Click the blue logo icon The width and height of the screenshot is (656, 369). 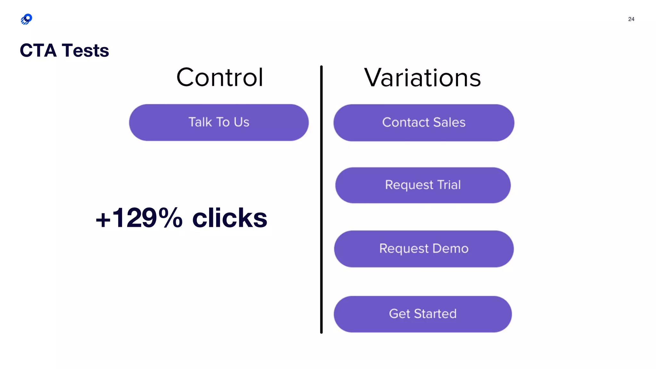[27, 19]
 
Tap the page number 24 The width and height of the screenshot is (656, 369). [631, 19]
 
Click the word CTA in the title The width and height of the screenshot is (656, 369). [38, 51]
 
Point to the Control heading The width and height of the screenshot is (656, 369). [220, 78]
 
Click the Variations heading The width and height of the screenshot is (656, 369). [422, 78]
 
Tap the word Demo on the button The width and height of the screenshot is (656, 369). [450, 249]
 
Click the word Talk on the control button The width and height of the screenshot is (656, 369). [200, 122]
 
